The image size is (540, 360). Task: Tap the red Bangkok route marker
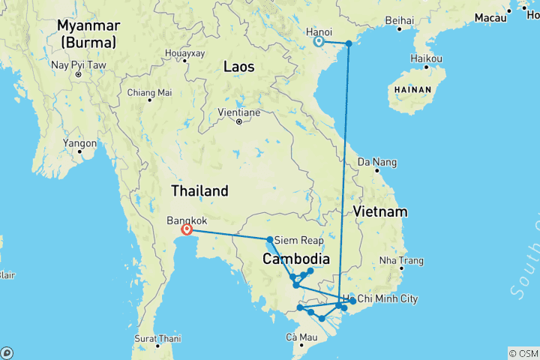pos(187,230)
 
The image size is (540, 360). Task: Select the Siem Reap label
pos(300,241)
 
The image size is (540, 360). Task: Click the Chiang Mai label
pos(149,93)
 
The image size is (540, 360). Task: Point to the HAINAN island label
pos(412,89)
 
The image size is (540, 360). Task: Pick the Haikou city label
pos(427,58)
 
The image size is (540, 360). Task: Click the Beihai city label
pos(398,19)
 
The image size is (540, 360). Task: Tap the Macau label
pos(491,16)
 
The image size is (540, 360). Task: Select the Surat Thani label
pos(158,338)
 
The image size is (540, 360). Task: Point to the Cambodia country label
pos(295,259)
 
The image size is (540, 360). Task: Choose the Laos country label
pos(238,67)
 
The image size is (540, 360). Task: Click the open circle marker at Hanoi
pos(319,42)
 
